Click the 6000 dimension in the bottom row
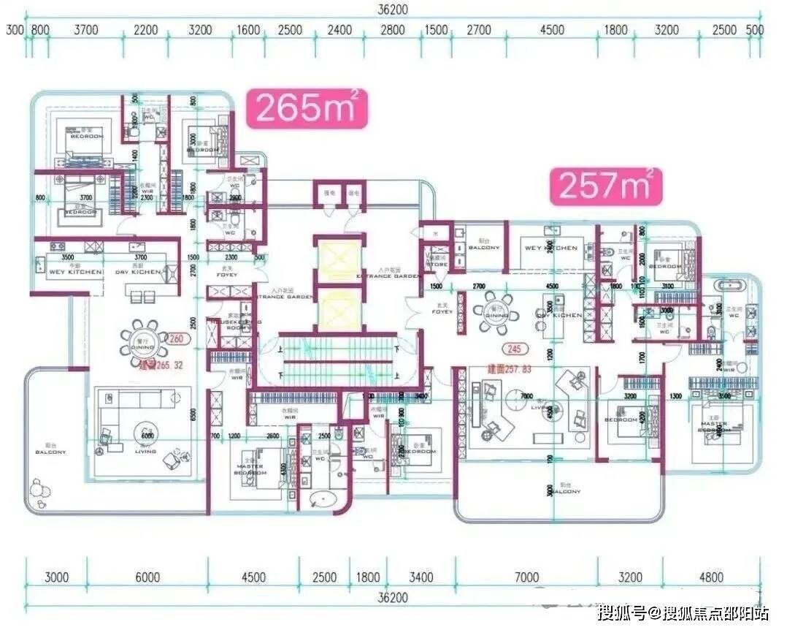tap(147, 577)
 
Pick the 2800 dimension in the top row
tap(392, 30)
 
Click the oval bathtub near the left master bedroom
tap(323, 501)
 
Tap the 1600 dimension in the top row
tap(249, 30)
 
